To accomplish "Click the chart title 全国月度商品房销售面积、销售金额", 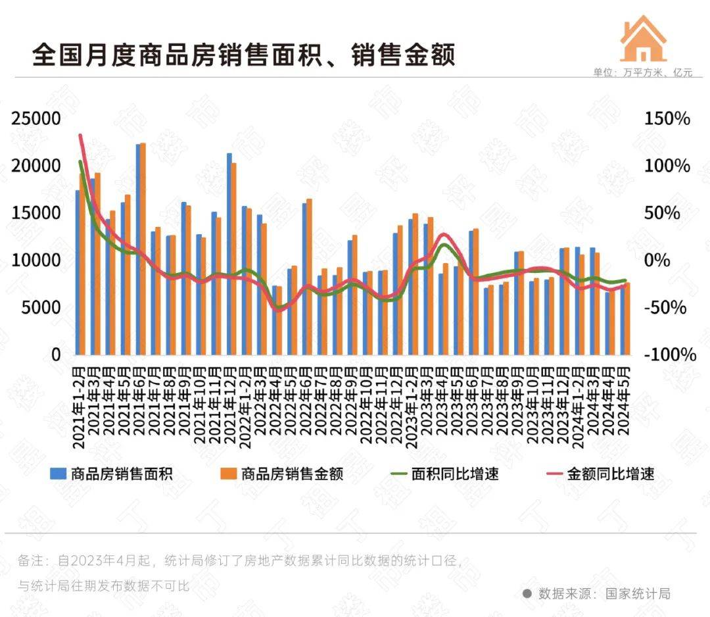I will [243, 55].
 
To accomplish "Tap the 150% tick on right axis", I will [667, 119].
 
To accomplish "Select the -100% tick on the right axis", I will [669, 355].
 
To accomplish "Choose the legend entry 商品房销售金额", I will [282, 474].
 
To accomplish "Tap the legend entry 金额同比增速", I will [601, 474].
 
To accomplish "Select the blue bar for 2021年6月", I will [139, 250].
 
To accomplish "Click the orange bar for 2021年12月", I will [233, 259].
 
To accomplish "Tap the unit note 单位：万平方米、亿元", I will [642, 73].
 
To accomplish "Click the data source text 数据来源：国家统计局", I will [604, 593].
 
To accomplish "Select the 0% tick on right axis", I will [657, 260].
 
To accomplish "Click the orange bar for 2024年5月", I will [627, 319].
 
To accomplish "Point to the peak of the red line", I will [80, 136].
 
